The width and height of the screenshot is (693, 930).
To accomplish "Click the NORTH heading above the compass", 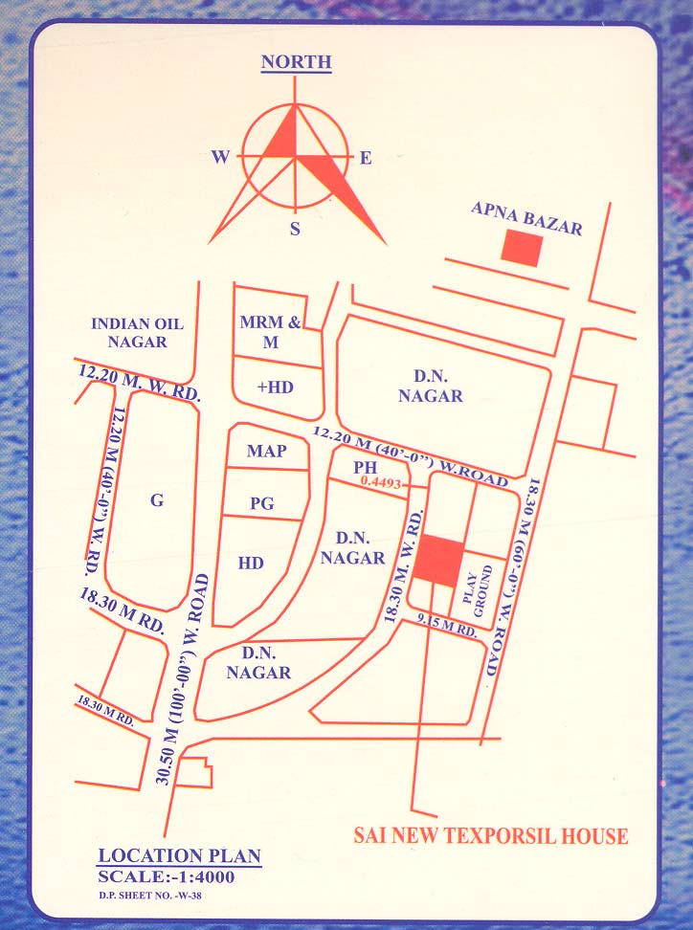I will [297, 63].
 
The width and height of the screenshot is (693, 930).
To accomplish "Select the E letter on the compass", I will [365, 159].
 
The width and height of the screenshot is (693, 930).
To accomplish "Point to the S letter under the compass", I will [295, 229].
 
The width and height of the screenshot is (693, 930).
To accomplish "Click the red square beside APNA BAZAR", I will [523, 248].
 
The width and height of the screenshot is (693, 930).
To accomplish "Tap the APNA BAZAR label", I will [525, 215].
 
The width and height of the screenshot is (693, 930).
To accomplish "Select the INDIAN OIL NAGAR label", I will [137, 332].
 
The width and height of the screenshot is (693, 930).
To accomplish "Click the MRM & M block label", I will [270, 332].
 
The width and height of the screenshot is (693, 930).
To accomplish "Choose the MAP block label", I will [266, 451].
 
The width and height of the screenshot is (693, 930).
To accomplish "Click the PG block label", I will [262, 502].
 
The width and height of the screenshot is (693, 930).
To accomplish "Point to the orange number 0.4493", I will [383, 484].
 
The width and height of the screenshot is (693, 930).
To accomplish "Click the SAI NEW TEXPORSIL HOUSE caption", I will [491, 836].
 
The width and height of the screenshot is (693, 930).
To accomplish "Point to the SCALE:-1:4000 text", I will [167, 876].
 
